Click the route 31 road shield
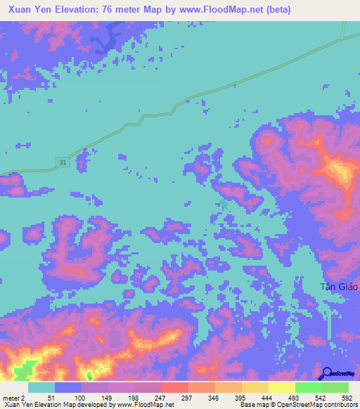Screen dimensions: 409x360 click(63, 163)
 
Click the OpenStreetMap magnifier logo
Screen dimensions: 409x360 click(326, 373)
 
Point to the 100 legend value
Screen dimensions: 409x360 click(68, 398)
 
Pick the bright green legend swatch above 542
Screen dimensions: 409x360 click(308, 387)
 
